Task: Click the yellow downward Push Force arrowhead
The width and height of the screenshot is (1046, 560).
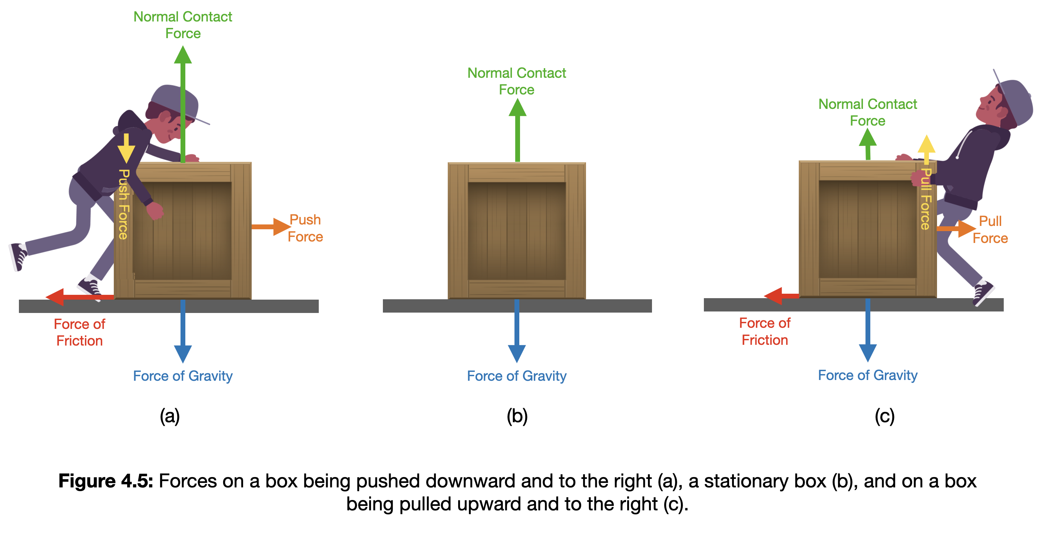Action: pyautogui.click(x=126, y=153)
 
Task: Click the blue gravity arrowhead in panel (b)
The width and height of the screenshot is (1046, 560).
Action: pyautogui.click(x=517, y=353)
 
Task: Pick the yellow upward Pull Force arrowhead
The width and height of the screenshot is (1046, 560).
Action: pyautogui.click(x=926, y=144)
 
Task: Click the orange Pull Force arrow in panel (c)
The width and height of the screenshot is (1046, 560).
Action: pyautogui.click(x=956, y=229)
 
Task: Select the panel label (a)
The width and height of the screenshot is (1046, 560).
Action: pyautogui.click(x=170, y=416)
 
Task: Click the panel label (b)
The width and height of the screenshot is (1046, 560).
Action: pyautogui.click(x=517, y=416)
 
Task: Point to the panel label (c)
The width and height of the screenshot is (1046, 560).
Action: pyautogui.click(x=884, y=416)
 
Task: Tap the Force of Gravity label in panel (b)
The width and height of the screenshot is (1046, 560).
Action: pyautogui.click(x=516, y=376)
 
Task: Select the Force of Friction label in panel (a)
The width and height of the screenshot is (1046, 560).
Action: pyautogui.click(x=80, y=332)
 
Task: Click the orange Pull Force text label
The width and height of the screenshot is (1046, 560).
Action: pyautogui.click(x=990, y=230)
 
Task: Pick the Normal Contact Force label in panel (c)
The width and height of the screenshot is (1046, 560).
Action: pyautogui.click(x=867, y=112)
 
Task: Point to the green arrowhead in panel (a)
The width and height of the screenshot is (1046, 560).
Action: pyautogui.click(x=183, y=56)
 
